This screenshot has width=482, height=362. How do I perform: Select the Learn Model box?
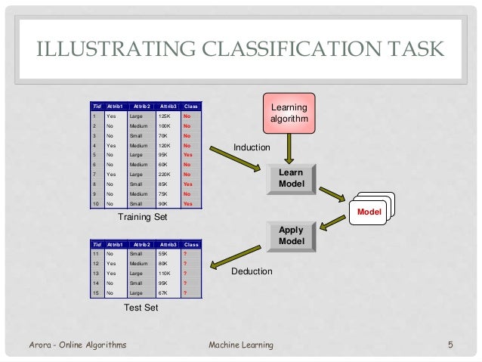click(x=291, y=178)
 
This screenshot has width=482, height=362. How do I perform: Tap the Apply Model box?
click(x=291, y=235)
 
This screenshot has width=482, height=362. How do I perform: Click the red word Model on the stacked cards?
click(x=369, y=212)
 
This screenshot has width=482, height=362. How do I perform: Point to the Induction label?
click(x=252, y=147)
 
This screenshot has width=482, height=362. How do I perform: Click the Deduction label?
click(x=252, y=271)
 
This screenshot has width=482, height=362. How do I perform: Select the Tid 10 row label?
click(x=95, y=203)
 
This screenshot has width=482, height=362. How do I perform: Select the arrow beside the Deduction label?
click(x=234, y=257)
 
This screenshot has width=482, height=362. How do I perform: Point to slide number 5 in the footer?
click(x=450, y=345)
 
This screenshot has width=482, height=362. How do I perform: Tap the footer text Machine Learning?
click(x=240, y=345)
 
